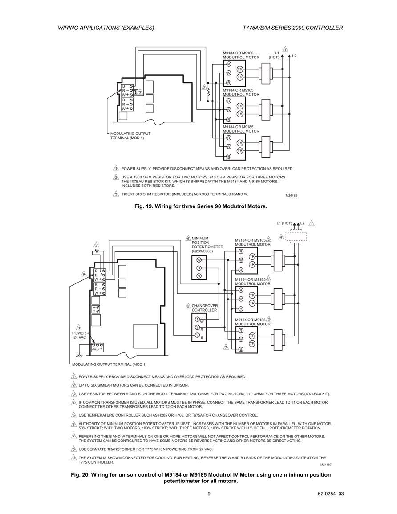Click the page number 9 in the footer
(209, 494)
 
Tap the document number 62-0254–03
(331, 494)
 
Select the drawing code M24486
(291, 196)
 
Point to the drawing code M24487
(325, 465)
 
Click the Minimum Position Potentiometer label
(207, 245)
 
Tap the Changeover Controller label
(205, 308)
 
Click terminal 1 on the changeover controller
(197, 320)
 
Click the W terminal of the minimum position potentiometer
(198, 260)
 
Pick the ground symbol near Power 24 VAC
(79, 356)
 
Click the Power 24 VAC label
(79, 335)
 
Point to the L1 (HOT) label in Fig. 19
(275, 55)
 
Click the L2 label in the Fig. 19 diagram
(294, 56)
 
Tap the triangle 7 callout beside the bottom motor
(226, 347)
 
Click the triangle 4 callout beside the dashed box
(281, 237)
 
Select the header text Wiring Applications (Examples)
(106, 28)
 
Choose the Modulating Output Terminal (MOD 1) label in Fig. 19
(130, 136)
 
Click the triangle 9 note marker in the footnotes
(74, 457)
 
